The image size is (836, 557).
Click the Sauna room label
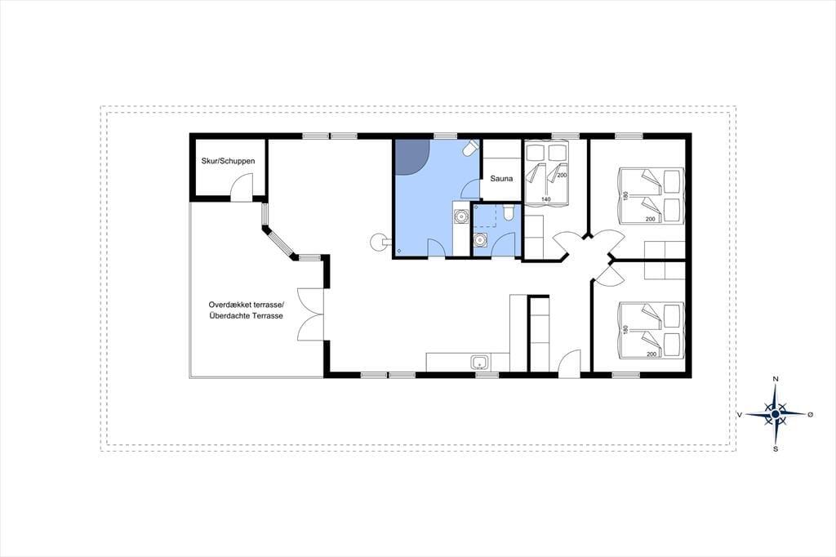(x=501, y=178)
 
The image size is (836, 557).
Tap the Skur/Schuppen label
(x=229, y=161)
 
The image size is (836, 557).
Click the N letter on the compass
(x=776, y=379)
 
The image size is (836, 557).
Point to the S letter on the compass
(x=776, y=448)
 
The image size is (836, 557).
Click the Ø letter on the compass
(x=811, y=414)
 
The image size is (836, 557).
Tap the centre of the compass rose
(x=776, y=413)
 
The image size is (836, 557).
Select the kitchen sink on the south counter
(x=480, y=363)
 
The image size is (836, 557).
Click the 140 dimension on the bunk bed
(x=545, y=199)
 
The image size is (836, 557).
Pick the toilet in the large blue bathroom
(x=471, y=148)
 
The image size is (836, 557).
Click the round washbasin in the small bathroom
(x=480, y=240)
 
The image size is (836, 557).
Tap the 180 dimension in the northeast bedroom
(x=626, y=196)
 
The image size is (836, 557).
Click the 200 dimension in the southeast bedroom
(x=651, y=354)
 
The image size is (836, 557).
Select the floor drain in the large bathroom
(x=399, y=251)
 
